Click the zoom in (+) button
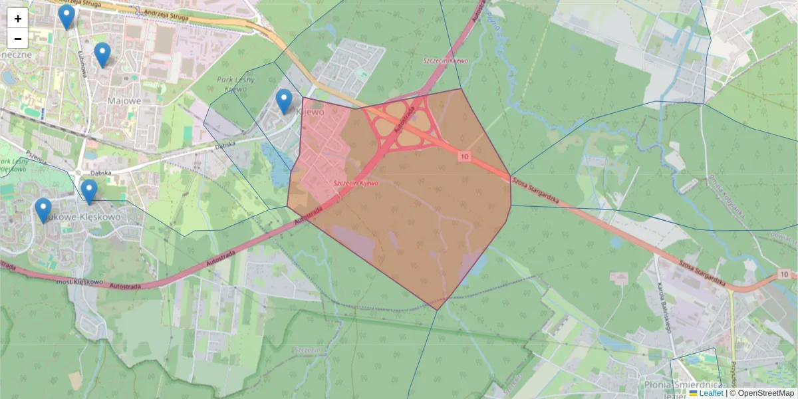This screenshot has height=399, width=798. tap(18, 19)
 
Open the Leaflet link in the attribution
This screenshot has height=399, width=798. tap(711, 393)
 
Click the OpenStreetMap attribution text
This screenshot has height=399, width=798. tap(765, 393)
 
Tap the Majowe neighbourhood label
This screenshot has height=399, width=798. tap(124, 100)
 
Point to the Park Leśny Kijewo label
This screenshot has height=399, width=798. tap(232, 84)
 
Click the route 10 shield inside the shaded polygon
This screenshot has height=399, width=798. tap(464, 156)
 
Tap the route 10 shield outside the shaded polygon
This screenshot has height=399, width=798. tap(785, 274)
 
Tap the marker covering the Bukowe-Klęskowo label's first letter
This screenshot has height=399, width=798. tap(43, 210)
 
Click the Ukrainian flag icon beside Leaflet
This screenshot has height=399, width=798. tap(693, 393)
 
